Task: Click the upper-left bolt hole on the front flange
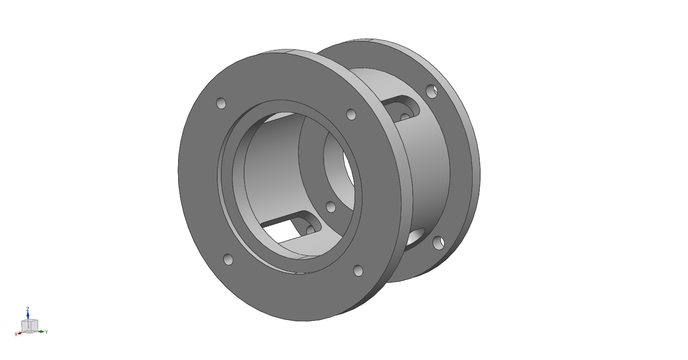click(x=221, y=103)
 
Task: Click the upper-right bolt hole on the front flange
click(x=351, y=115)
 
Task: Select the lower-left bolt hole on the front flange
click(x=228, y=259)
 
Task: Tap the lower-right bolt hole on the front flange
click(x=358, y=271)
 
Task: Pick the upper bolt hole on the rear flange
click(x=432, y=91)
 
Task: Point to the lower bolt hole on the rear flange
click(x=438, y=243)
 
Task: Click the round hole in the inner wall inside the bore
click(x=331, y=207)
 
